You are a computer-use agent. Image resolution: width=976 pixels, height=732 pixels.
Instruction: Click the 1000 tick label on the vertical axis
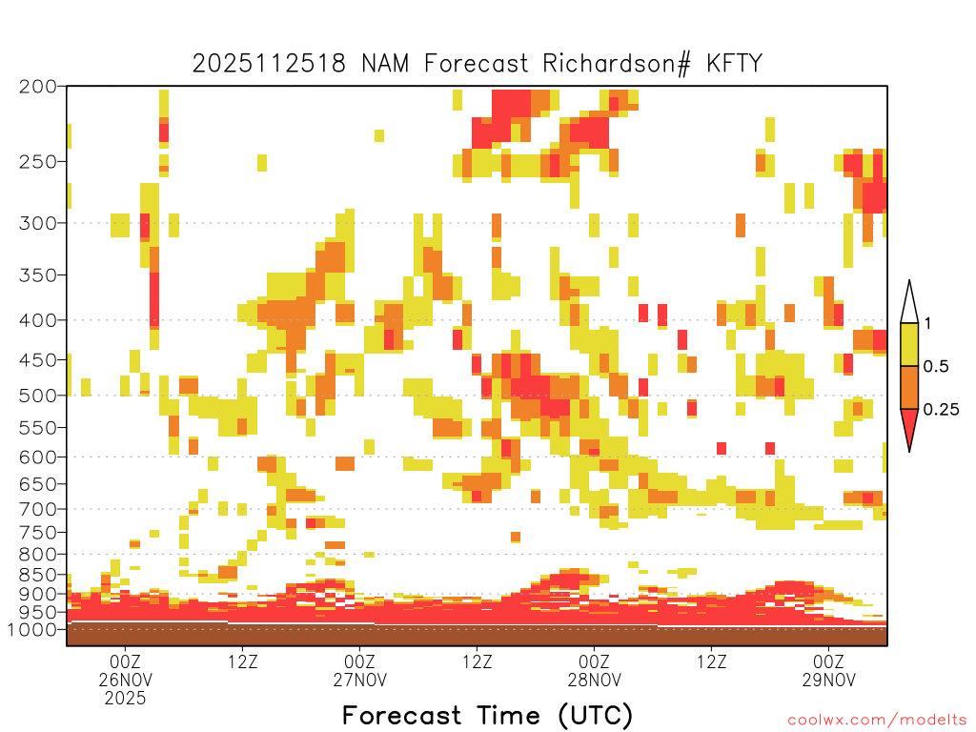pos(36,629)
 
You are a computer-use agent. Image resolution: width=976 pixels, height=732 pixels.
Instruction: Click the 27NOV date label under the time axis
pos(360,680)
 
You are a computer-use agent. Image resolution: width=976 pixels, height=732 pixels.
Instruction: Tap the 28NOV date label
pos(595,680)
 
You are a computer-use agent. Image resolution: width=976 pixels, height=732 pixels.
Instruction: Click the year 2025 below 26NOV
pos(126,698)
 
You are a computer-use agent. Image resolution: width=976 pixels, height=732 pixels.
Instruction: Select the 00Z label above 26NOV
pos(126,662)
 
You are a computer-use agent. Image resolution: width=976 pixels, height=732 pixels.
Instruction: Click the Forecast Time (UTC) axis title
pos(487,715)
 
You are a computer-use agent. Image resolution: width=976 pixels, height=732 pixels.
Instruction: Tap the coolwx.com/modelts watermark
pos(877,720)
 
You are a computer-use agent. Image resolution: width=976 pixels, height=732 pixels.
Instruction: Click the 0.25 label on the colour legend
pos(942,410)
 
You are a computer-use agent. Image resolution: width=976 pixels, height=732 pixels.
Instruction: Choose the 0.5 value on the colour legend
pos(936,367)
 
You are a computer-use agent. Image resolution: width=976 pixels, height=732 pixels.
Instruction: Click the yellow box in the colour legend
pos(909,345)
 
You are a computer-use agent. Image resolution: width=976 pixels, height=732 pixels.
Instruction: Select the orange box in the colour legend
pos(909,388)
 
